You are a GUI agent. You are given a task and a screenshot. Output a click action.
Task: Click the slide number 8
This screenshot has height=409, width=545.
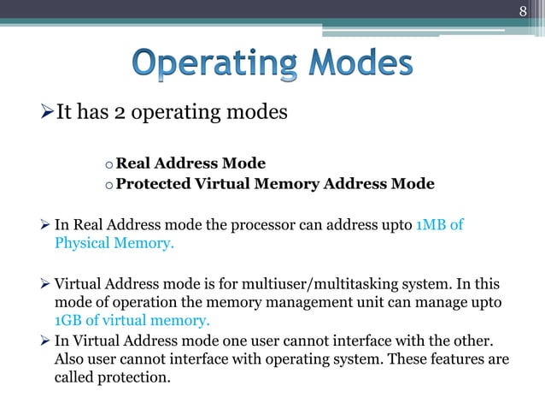pos(525,10)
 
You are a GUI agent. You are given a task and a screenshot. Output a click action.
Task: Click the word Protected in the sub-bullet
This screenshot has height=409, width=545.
pos(150,183)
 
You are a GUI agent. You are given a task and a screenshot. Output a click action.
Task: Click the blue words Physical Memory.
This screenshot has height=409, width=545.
pos(114,243)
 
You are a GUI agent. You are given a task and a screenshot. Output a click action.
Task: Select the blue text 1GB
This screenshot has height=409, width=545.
pos(68,321)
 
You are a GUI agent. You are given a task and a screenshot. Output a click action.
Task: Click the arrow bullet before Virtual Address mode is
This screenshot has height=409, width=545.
pos(47,284)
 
